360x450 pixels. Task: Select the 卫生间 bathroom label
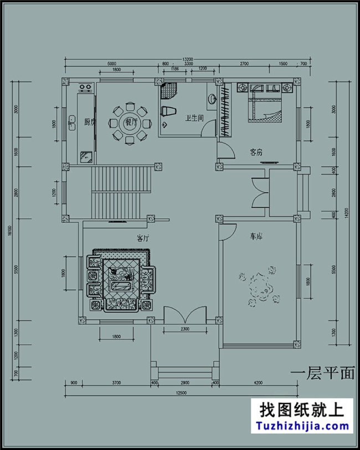click(194, 117)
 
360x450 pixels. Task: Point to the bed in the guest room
click(265, 105)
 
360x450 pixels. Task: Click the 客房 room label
click(255, 151)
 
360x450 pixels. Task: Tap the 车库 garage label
click(255, 237)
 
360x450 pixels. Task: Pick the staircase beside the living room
click(121, 192)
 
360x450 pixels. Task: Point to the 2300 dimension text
click(185, 329)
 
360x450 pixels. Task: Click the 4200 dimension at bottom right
click(259, 383)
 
